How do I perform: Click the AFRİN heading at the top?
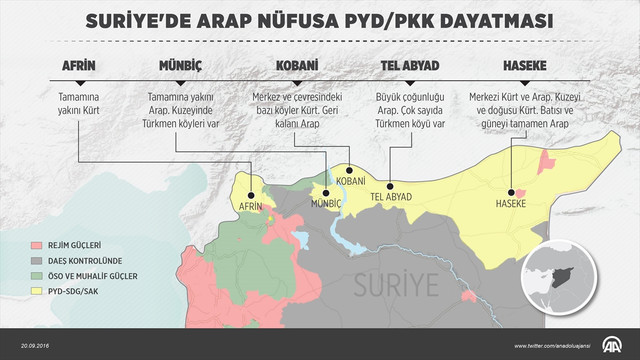point(79,66)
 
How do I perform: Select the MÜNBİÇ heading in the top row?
point(180,66)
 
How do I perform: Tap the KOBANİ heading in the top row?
point(297,66)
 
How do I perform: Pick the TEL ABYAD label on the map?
point(392,196)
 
